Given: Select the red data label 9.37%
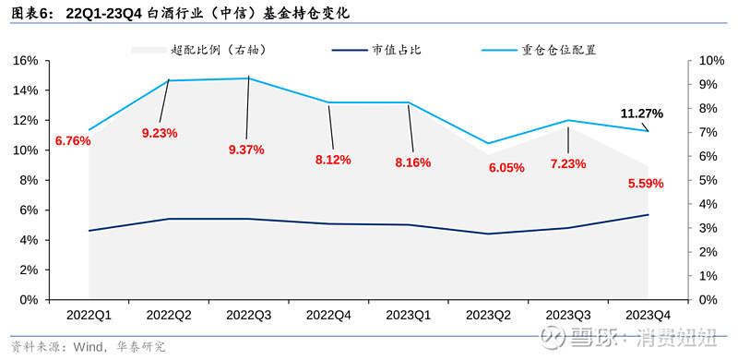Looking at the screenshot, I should (x=245, y=150).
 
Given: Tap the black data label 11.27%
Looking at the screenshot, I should (x=642, y=114).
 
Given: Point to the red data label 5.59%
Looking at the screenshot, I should (x=644, y=183).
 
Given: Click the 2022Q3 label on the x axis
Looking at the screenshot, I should (x=247, y=316).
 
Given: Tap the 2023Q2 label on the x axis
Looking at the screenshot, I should (x=488, y=316).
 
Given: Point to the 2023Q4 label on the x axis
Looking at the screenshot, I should (x=648, y=316).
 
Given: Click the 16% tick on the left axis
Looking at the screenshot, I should (x=25, y=61).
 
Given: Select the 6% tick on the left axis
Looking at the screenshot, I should (x=29, y=210).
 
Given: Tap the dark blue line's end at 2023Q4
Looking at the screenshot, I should (x=648, y=215).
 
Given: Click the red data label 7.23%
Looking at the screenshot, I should (x=568, y=163).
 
